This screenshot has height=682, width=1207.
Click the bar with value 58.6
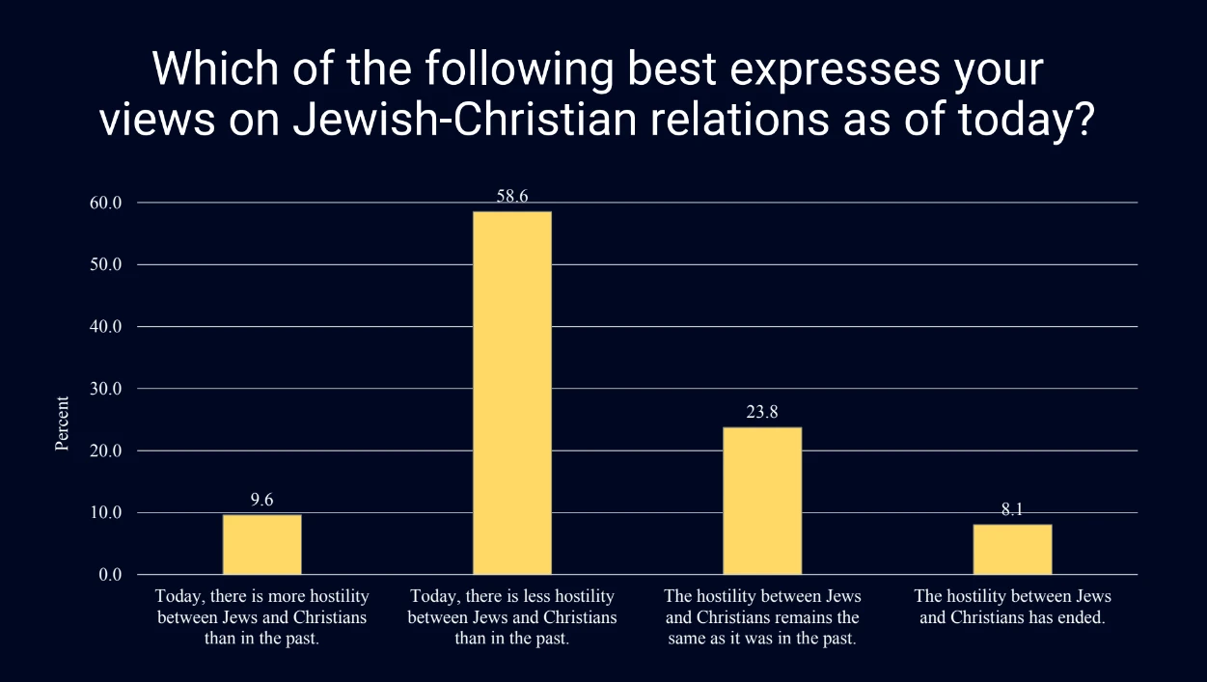(x=511, y=393)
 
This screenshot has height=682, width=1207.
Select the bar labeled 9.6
(x=261, y=544)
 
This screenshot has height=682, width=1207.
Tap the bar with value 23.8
(x=761, y=501)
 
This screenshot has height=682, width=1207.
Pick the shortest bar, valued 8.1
(x=1012, y=549)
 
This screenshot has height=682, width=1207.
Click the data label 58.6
(x=511, y=196)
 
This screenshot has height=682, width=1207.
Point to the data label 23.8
(x=761, y=412)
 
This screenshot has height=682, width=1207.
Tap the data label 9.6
(x=261, y=500)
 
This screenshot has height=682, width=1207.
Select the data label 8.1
(x=1012, y=509)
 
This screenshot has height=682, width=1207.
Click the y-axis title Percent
(x=62, y=423)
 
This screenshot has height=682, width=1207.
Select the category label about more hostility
(x=262, y=617)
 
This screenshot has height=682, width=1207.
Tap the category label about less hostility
(x=512, y=617)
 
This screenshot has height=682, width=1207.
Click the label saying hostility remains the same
(x=762, y=617)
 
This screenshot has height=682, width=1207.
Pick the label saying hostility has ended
(x=1012, y=607)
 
